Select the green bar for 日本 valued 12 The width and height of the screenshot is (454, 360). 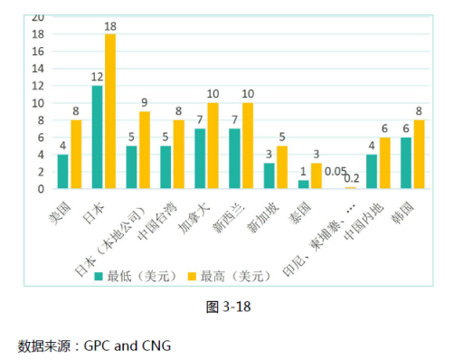tap(97, 137)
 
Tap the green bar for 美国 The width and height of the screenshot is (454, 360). tap(62, 172)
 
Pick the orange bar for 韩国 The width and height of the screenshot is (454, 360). tap(419, 154)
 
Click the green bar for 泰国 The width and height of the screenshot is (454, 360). tap(303, 185)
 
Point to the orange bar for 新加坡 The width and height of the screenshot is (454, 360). tap(281, 167)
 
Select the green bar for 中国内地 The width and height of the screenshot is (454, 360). tap(372, 172)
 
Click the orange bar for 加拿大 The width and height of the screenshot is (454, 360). tap(213, 146)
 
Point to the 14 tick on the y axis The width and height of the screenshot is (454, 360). tap(38, 68)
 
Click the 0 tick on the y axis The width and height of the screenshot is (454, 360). tap(40, 189)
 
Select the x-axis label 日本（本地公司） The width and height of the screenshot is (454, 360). tap(118, 231)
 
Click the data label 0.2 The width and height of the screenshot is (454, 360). tap(351, 179)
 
